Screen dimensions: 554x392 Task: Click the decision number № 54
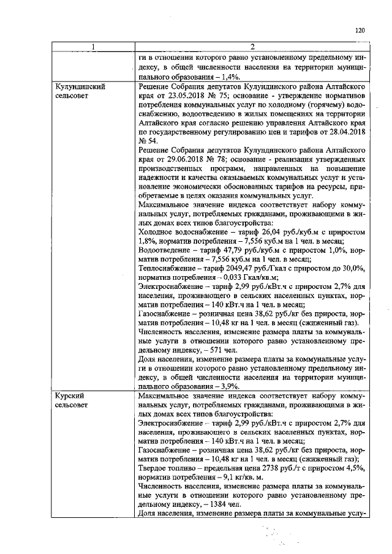148,141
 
